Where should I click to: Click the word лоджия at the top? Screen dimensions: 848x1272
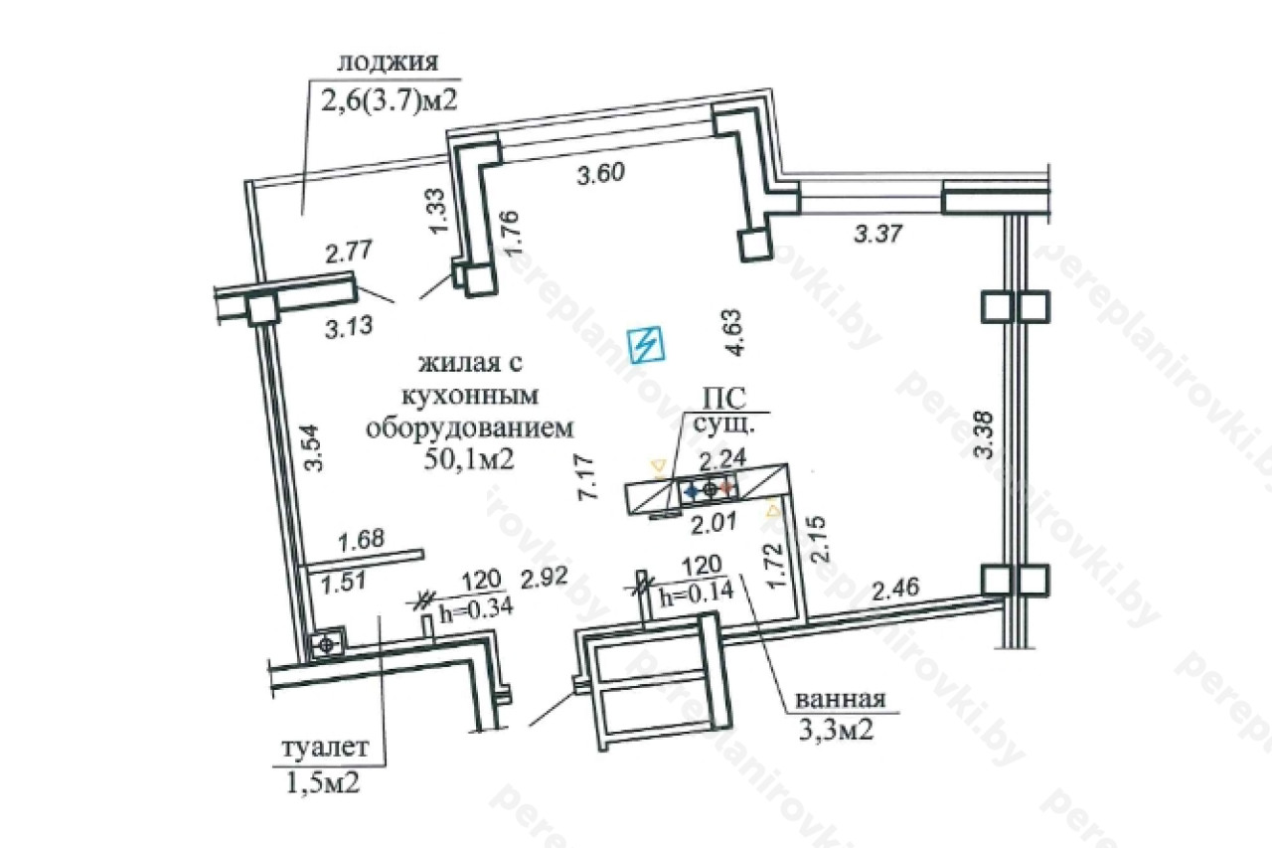(x=387, y=62)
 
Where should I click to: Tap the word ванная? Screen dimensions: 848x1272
(x=840, y=699)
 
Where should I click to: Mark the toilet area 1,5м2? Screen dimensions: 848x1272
(x=322, y=781)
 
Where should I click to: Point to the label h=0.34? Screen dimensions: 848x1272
(x=477, y=606)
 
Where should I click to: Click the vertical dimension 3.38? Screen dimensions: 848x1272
(x=983, y=434)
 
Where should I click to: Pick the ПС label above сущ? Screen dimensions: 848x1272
(x=719, y=399)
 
